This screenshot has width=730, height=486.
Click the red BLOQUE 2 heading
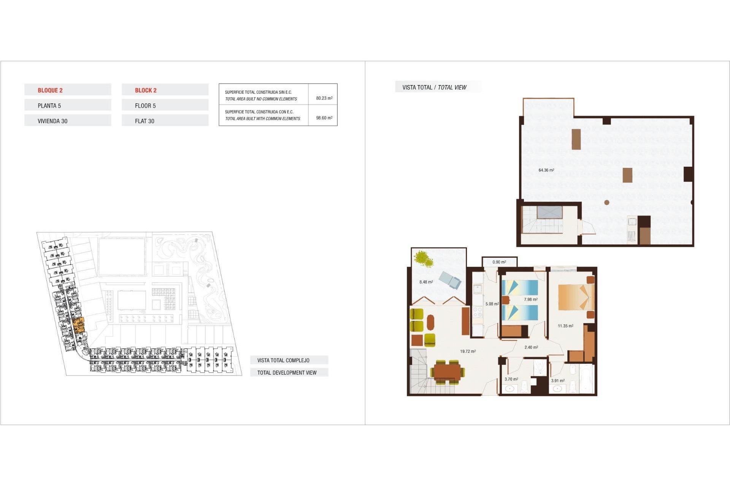(x=50, y=90)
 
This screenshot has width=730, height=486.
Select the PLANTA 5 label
(x=49, y=106)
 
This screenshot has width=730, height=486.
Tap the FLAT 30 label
(x=144, y=121)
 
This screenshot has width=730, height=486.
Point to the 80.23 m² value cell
(x=324, y=98)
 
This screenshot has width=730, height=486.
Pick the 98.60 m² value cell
(x=324, y=118)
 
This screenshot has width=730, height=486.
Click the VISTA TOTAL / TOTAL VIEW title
(x=434, y=87)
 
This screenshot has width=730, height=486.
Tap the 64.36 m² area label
(x=546, y=170)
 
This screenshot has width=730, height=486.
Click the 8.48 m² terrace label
(x=426, y=282)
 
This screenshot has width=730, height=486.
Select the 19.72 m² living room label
(x=468, y=351)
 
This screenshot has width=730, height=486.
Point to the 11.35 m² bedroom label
(x=565, y=326)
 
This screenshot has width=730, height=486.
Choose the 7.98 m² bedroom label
(x=531, y=300)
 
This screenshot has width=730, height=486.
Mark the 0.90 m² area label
(x=499, y=262)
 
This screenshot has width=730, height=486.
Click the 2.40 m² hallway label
(x=531, y=347)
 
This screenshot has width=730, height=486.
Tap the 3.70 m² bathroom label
(x=511, y=379)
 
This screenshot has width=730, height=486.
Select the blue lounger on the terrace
(x=450, y=280)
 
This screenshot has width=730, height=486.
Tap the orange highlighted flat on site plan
(x=79, y=325)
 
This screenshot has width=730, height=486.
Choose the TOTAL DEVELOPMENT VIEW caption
(x=287, y=372)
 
